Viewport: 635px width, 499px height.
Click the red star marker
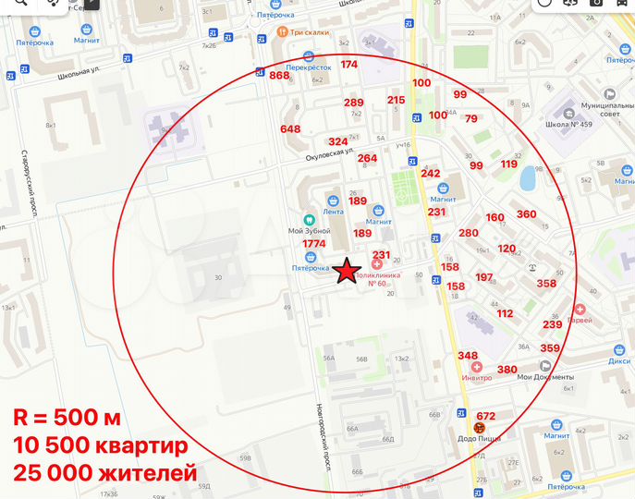(347, 272)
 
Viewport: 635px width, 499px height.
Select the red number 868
(279, 76)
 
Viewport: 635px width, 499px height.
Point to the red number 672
(486, 415)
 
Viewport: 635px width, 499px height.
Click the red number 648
(290, 128)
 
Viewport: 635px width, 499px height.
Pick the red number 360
(526, 214)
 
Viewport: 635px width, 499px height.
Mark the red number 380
(507, 369)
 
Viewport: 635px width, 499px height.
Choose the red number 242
(431, 173)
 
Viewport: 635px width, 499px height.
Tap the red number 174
(348, 65)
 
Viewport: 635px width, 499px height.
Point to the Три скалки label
(309, 32)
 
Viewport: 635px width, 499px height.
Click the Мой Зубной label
(309, 230)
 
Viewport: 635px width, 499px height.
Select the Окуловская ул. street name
(331, 153)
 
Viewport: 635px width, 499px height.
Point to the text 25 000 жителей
(104, 473)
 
